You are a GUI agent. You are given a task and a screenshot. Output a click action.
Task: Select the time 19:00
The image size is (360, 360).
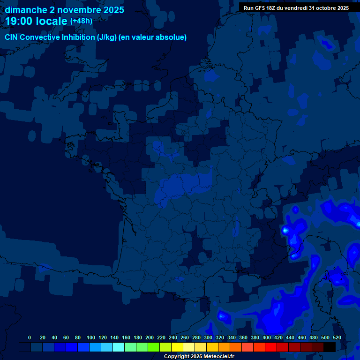click(19, 21)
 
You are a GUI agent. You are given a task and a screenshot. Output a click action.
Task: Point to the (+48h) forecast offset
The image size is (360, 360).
click(81, 21)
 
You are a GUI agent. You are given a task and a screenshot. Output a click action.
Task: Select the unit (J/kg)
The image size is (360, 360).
click(107, 37)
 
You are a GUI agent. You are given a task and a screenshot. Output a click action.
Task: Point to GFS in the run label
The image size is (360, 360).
click(260, 8)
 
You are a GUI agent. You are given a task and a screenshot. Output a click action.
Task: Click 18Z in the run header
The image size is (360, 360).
click(272, 8)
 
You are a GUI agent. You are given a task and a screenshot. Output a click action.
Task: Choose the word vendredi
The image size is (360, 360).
click(297, 8)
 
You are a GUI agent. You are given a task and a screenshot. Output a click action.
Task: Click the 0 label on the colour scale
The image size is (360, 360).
click(30, 337)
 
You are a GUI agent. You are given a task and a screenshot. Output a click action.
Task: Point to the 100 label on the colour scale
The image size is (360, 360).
click(91, 337)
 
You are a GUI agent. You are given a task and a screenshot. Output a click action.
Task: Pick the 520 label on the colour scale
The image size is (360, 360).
click(337, 337)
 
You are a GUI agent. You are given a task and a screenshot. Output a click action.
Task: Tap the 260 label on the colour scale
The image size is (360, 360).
click(185, 337)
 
